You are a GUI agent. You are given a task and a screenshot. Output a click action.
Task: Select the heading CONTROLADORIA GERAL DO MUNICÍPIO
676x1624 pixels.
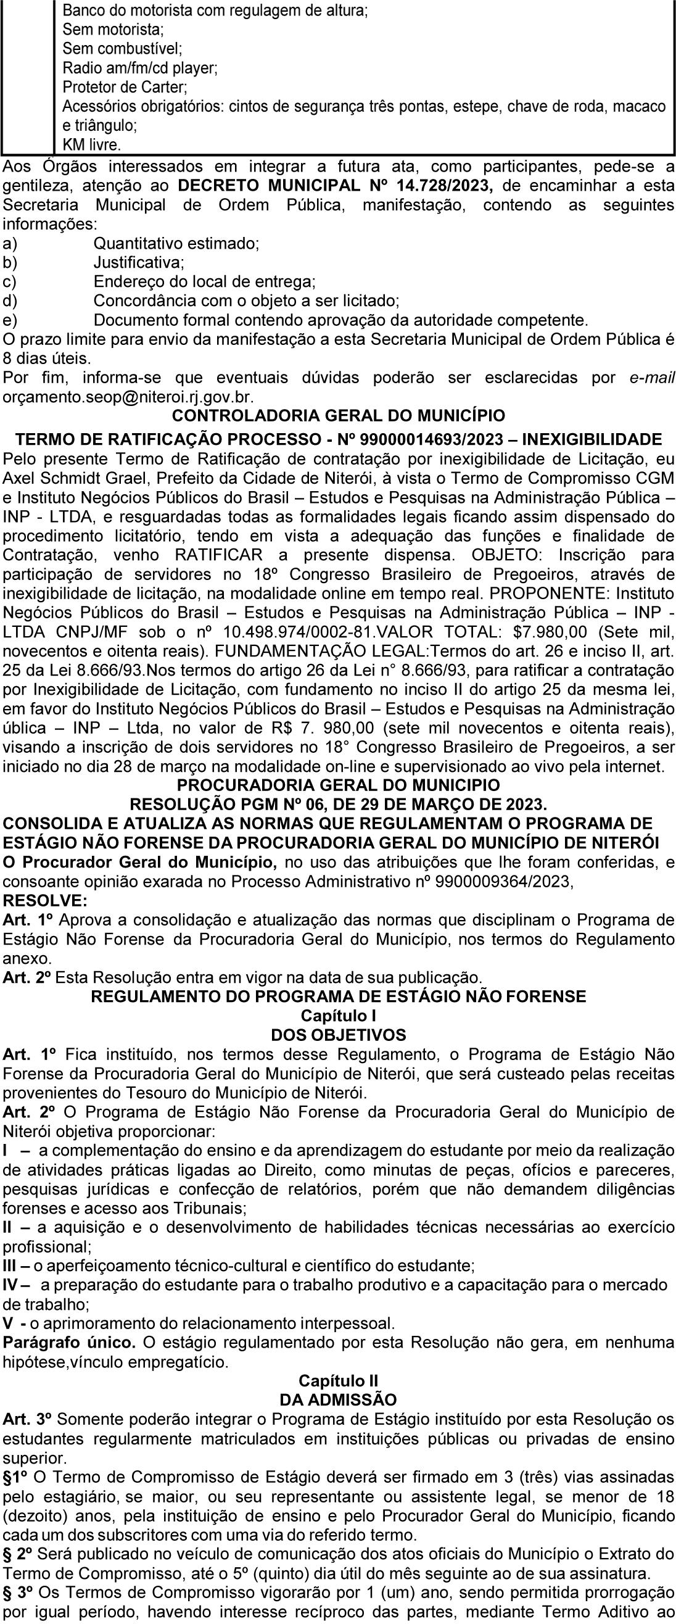pos(339,416)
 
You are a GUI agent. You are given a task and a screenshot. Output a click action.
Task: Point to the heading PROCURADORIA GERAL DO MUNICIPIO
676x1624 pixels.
pos(339,785)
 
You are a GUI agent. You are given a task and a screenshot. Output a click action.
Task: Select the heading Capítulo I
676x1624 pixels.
pos(339,1016)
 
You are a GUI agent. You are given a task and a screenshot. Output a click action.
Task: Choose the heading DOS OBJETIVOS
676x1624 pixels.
pos(339,1035)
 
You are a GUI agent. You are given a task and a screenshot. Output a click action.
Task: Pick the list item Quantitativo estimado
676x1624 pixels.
pos(176,243)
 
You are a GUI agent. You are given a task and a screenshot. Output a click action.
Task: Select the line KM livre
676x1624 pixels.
pos(91,144)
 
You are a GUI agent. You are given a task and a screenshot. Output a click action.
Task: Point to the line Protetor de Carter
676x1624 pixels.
pos(125,86)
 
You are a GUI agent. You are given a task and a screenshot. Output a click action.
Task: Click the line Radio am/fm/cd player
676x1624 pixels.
pos(140,67)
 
